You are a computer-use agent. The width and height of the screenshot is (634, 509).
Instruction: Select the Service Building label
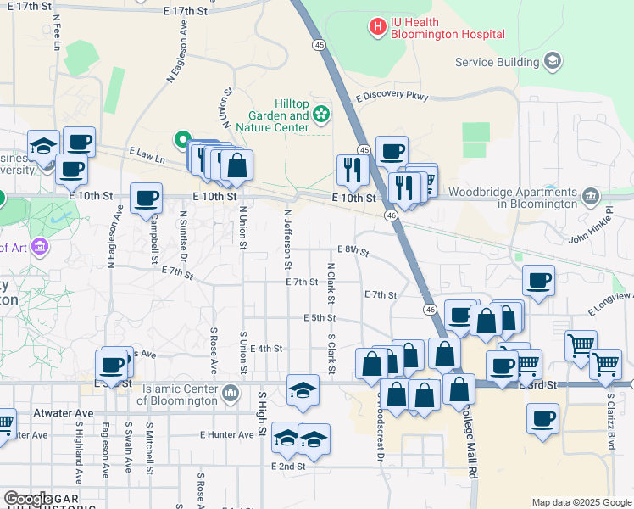(496, 62)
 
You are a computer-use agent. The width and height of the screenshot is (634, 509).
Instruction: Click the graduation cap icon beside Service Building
(553, 60)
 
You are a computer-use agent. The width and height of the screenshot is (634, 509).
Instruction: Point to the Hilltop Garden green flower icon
(321, 114)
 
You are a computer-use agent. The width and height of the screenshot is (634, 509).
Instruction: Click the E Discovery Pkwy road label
(392, 97)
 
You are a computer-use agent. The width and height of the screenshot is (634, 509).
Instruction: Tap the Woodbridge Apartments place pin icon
(590, 198)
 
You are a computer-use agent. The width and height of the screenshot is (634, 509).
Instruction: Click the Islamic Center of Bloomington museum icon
(231, 394)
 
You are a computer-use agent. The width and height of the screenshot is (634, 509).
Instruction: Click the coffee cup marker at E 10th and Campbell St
(146, 199)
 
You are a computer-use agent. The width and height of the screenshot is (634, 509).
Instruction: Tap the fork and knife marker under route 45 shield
(351, 171)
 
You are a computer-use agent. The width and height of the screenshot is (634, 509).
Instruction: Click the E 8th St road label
(353, 250)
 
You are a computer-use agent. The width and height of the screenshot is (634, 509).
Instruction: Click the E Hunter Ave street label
(227, 434)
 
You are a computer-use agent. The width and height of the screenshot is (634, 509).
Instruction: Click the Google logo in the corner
(29, 499)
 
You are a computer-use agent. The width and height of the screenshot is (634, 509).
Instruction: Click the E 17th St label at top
(185, 11)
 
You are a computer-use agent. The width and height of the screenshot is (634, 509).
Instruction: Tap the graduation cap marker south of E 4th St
(303, 389)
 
